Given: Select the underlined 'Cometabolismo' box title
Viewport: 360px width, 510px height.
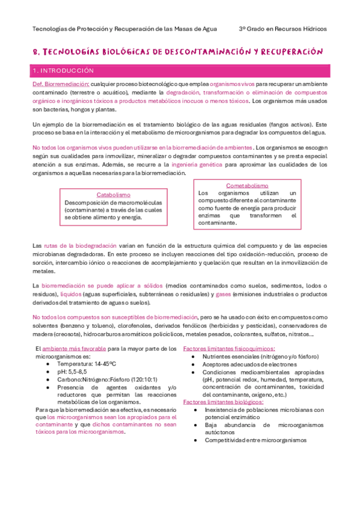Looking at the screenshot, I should (247, 186).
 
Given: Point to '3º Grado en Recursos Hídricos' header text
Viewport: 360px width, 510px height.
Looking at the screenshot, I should (282, 28).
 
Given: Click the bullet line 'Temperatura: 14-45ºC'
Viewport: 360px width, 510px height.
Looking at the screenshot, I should (86, 364).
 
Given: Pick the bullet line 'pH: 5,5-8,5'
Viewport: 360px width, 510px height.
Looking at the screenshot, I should (73, 372).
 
